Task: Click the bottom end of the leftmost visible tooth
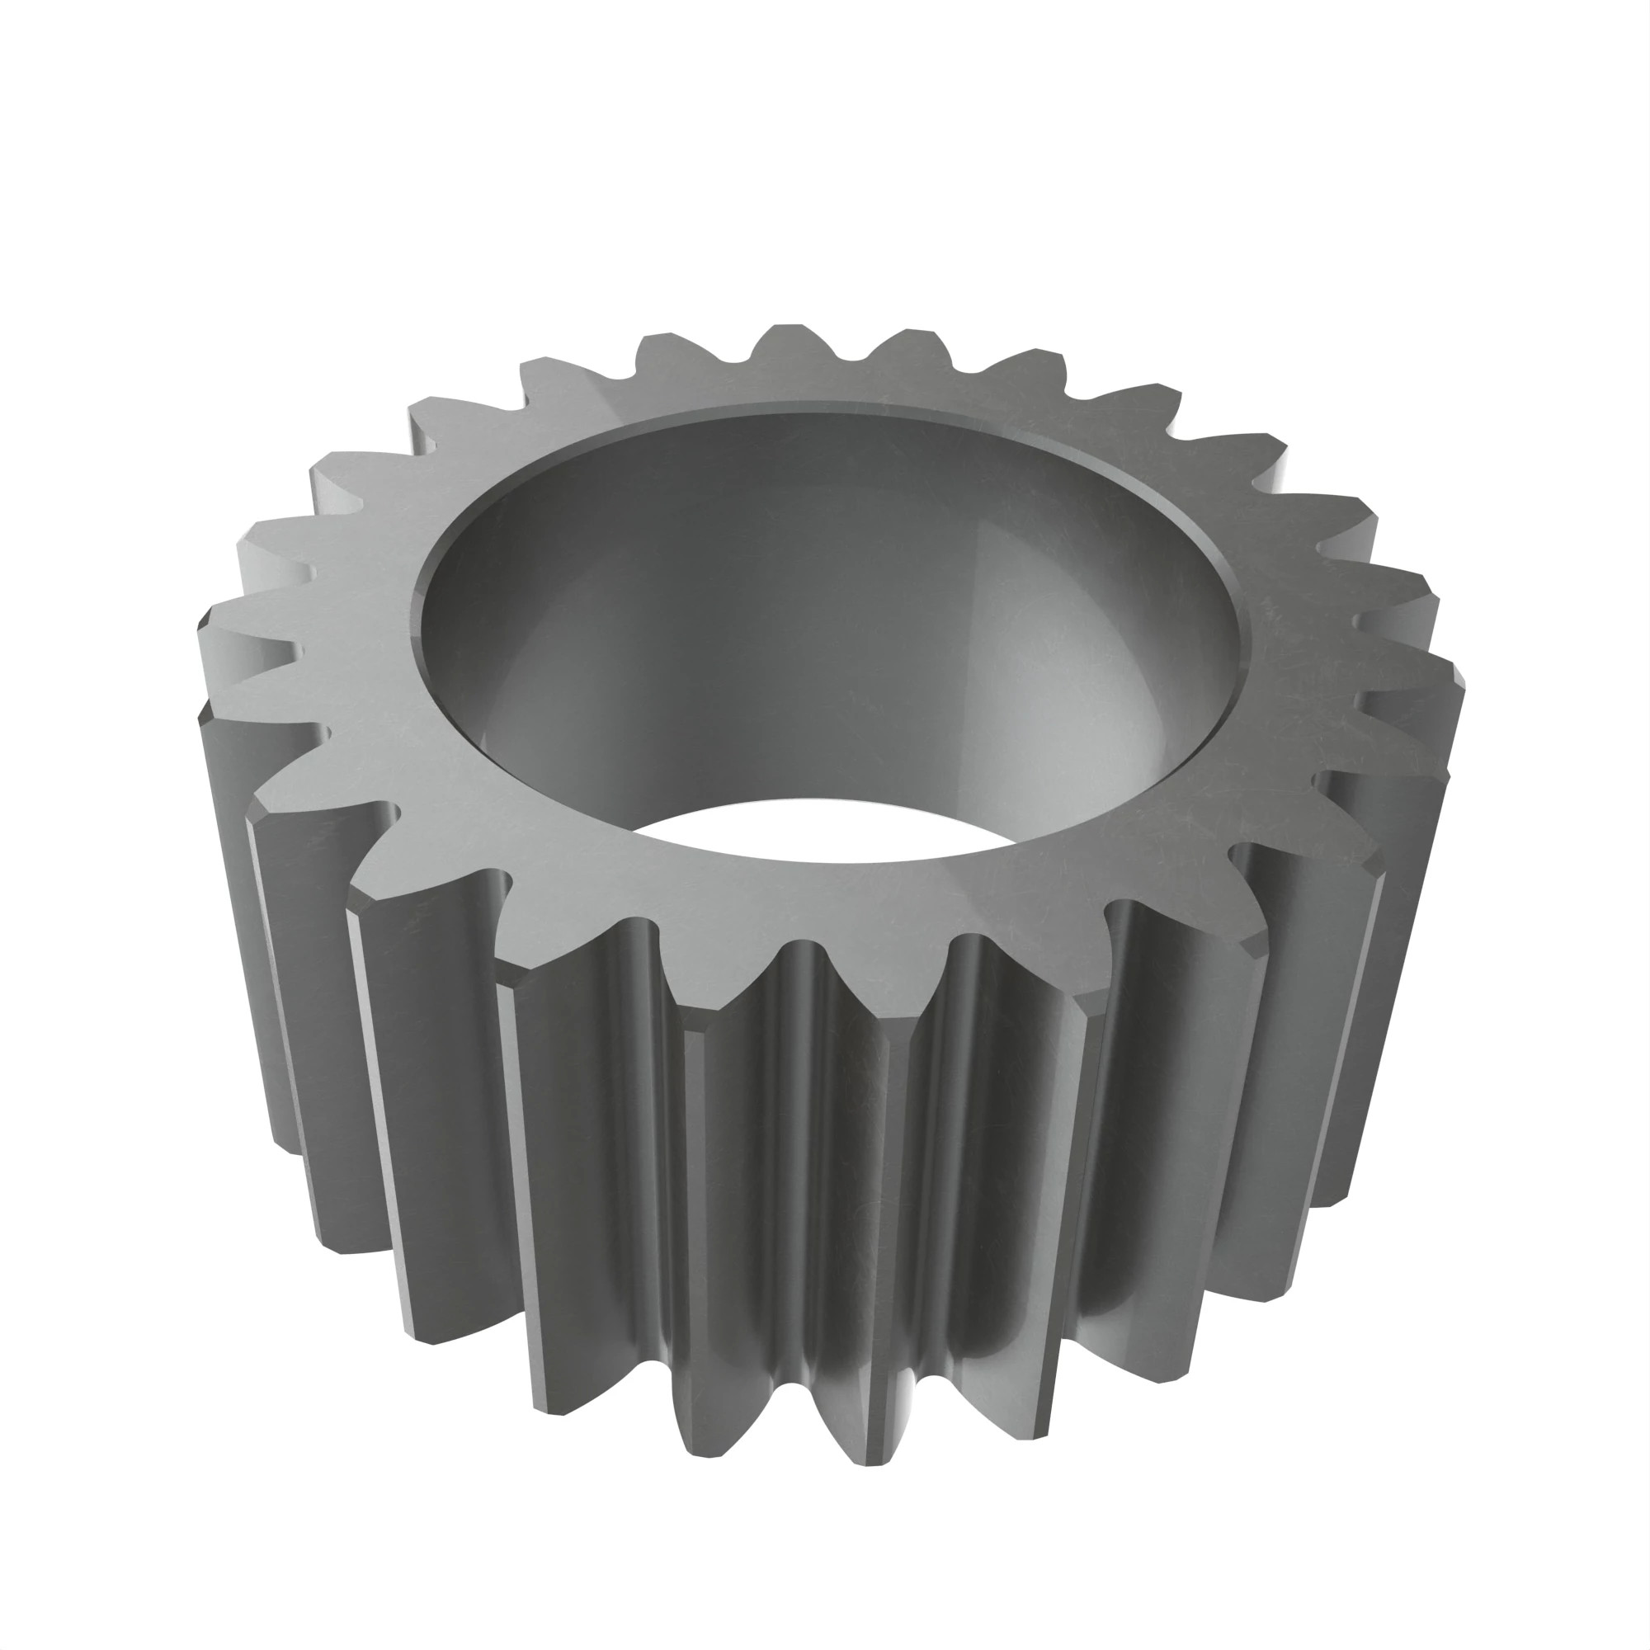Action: pyautogui.click(x=290, y=1144)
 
